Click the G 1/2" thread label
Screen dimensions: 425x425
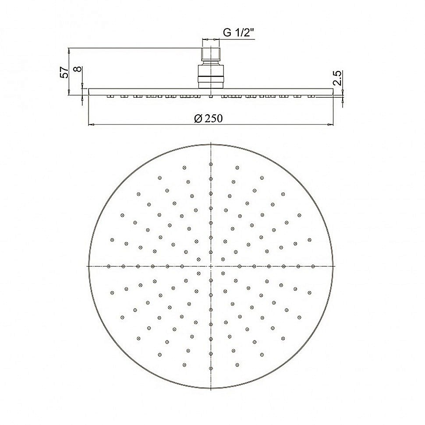[x=238, y=32]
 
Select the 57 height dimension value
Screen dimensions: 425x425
[x=64, y=72]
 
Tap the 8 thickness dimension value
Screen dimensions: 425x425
[x=78, y=69]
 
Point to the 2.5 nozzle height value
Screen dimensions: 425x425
[x=338, y=78]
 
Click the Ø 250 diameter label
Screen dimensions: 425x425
[x=208, y=118]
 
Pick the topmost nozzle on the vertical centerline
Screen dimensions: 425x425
[x=211, y=164]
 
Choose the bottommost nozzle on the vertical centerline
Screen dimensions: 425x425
[x=211, y=368]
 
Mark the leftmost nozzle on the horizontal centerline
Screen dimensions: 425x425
[x=109, y=266]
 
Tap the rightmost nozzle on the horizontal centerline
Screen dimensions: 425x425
[x=313, y=266]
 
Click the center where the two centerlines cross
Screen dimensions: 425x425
[x=211, y=266]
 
